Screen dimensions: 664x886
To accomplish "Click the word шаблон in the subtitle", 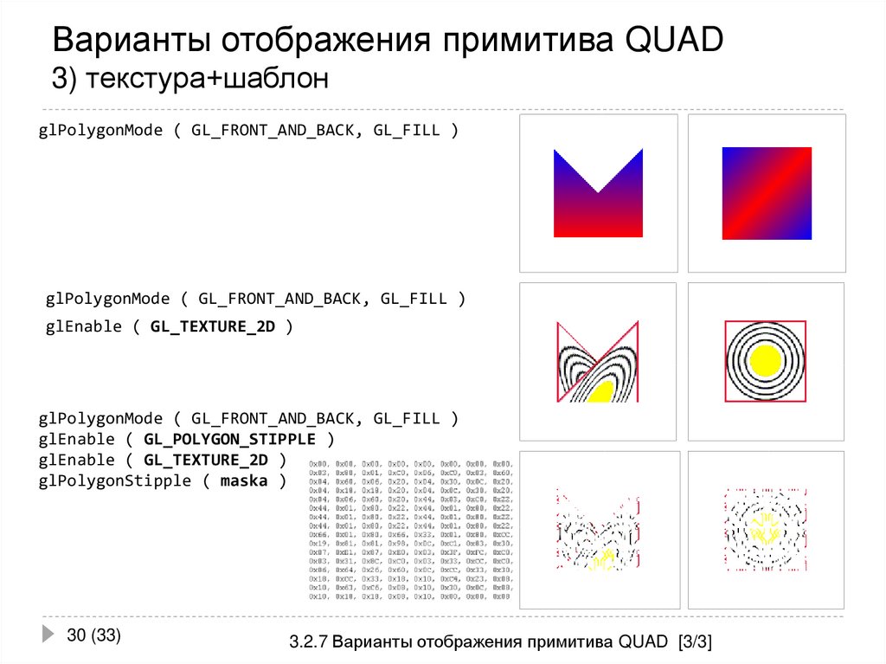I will click(275, 80).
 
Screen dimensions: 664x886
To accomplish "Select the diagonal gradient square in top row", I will click(767, 192).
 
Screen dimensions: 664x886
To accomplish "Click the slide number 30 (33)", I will click(93, 635).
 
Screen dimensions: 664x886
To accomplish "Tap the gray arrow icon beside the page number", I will click(48, 635).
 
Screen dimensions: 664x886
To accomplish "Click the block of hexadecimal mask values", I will click(411, 531).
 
